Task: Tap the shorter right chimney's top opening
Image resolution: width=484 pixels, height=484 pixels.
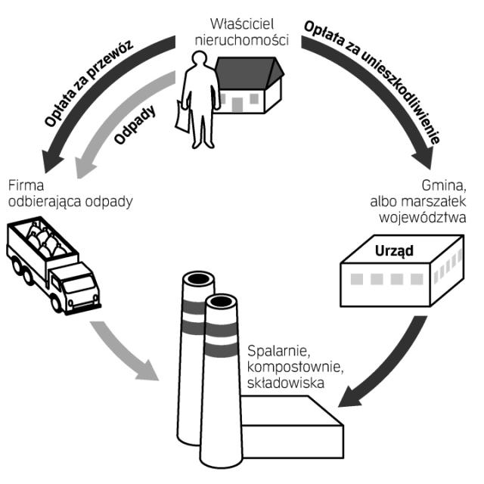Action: coord(221,303)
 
